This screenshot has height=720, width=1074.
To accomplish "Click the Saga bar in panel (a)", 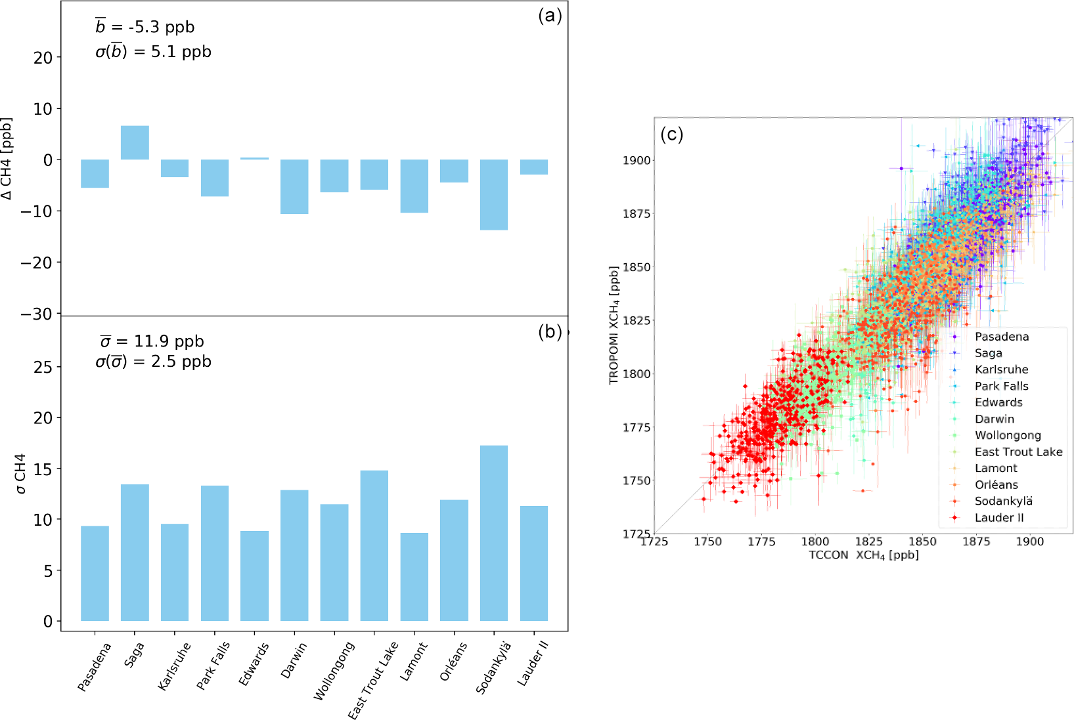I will coord(135,142).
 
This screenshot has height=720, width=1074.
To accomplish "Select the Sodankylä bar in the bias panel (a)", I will coord(494,194).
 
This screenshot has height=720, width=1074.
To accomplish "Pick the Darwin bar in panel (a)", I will coord(294,186).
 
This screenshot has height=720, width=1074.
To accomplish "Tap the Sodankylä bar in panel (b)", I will coord(494,533).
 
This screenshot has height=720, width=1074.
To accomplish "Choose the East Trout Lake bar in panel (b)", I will coord(374,545).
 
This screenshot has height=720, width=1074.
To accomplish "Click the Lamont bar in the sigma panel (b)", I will coord(414,576).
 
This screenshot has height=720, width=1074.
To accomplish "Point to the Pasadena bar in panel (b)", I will coord(95,573).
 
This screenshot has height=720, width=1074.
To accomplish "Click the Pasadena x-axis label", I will coord(95,667).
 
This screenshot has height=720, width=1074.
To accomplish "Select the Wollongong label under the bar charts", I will coord(334,671).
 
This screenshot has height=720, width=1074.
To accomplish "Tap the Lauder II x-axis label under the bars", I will coord(533,664).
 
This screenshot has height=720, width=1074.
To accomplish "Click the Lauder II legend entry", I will coord(999,517).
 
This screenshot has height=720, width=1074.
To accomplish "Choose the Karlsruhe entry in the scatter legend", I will coord(1001,370).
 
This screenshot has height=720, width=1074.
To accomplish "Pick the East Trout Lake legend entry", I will coord(1018,452).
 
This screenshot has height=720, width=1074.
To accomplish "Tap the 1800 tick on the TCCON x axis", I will coord(815,541).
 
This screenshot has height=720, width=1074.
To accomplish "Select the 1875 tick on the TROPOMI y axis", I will coord(637,213).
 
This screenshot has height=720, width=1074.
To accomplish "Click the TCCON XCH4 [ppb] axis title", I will coord(864,555).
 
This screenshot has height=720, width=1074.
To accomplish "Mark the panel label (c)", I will coord(671,135).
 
